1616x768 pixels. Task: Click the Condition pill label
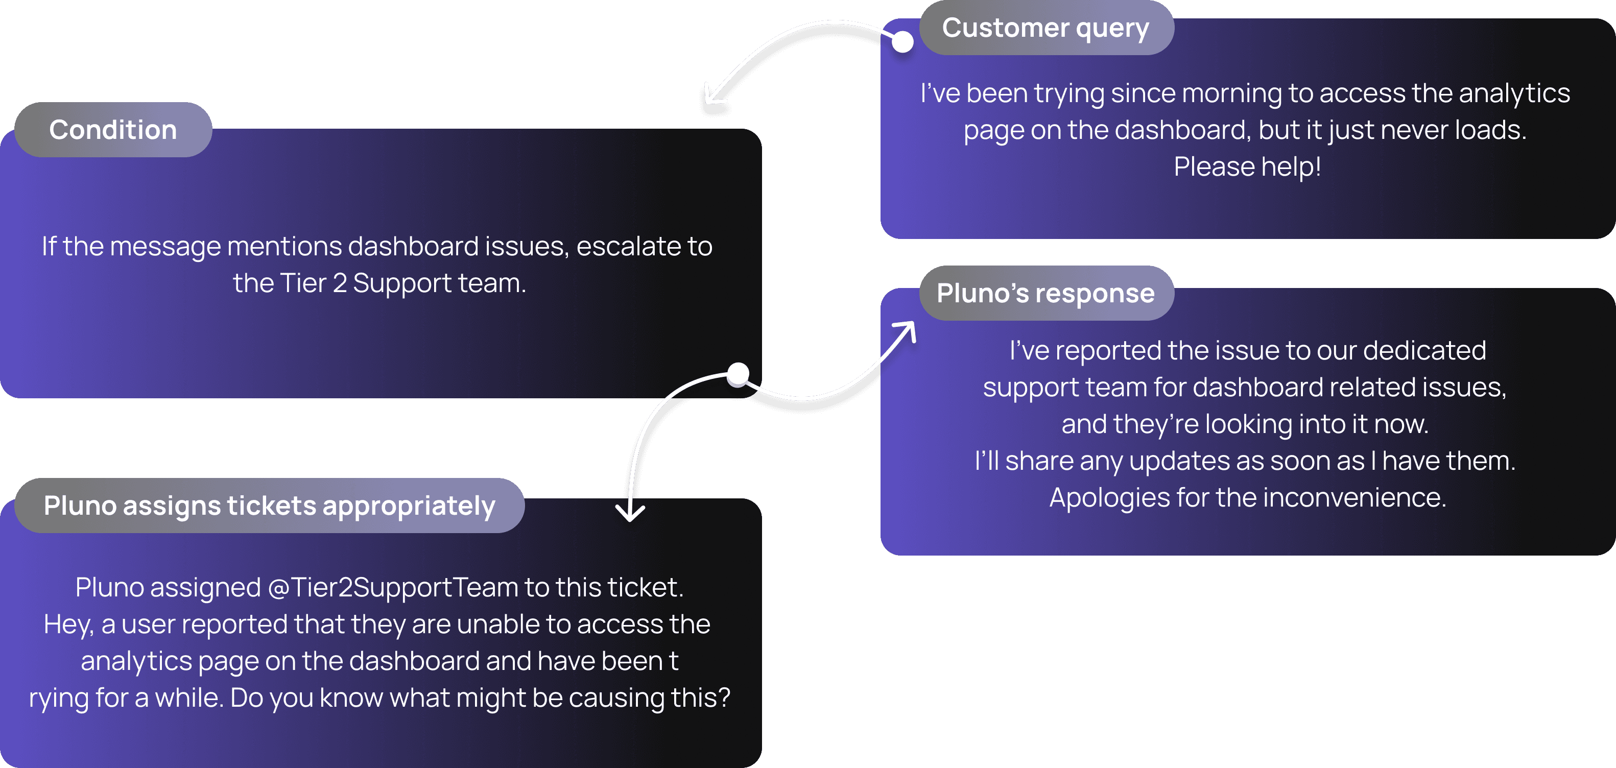(x=113, y=130)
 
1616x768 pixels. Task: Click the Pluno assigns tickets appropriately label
(x=269, y=506)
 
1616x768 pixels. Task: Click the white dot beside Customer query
(x=902, y=42)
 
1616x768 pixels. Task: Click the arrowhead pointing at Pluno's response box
(x=907, y=328)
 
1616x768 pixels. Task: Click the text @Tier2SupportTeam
(x=393, y=588)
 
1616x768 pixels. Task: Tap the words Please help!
(x=1247, y=167)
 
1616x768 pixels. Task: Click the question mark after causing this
(x=723, y=698)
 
